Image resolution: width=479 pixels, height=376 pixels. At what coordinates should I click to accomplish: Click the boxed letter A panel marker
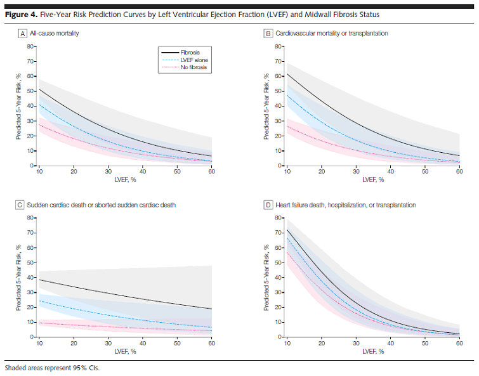[x=22, y=32]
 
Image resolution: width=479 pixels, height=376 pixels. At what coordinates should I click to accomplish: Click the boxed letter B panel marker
[x=268, y=32]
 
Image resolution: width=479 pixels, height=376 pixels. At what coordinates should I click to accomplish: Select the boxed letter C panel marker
[x=22, y=205]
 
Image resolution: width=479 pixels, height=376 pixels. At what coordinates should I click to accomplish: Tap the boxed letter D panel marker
[x=268, y=205]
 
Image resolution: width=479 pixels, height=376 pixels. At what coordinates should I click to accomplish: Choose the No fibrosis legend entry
[x=194, y=67]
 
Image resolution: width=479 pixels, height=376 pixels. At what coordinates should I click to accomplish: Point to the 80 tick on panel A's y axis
[x=30, y=46]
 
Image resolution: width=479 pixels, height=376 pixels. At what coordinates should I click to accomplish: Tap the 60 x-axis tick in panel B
[x=459, y=172]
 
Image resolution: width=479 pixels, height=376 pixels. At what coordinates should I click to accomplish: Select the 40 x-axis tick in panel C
[x=142, y=343]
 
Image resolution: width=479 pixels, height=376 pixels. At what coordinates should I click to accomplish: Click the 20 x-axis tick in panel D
[x=321, y=343]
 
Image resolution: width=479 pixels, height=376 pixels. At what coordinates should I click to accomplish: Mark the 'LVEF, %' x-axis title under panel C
[x=125, y=351]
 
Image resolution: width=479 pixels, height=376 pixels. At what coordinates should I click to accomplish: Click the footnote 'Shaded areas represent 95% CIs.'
[x=52, y=368]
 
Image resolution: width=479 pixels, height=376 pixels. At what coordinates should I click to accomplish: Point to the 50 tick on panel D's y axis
[x=277, y=262]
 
